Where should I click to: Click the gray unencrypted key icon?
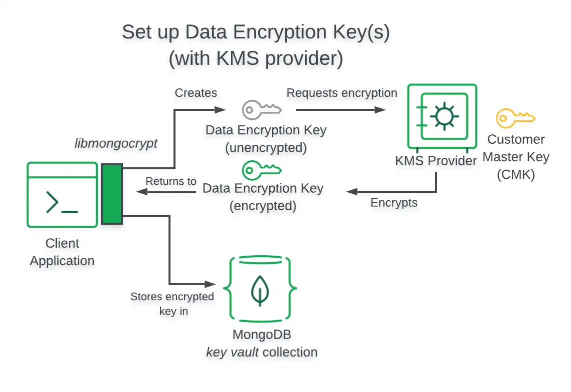tap(261, 109)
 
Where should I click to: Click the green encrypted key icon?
tap(261, 170)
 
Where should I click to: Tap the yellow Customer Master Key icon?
tap(515, 118)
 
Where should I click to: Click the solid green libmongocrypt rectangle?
tap(112, 194)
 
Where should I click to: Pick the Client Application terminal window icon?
tap(62, 195)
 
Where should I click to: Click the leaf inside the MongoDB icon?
tap(259, 290)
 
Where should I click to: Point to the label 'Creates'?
tap(196, 93)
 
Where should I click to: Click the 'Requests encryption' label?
tap(341, 93)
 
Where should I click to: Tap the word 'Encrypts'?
tap(394, 203)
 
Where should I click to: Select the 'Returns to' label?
tap(170, 181)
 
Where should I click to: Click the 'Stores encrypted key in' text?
tap(172, 304)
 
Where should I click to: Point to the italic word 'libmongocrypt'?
tap(115, 144)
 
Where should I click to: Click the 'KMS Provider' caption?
tap(435, 161)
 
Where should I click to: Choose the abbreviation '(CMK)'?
tap(515, 175)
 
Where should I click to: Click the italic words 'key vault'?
tap(232, 352)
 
